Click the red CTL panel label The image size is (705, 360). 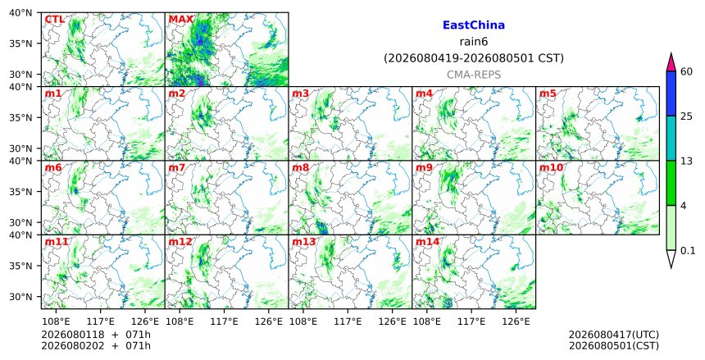[54, 20]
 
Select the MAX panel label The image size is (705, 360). [180, 20]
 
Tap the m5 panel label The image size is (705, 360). [548, 93]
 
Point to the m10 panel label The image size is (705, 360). [551, 168]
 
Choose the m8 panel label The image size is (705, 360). [300, 168]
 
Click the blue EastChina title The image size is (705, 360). [474, 25]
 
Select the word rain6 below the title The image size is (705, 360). [474, 42]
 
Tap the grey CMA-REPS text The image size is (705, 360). [474, 75]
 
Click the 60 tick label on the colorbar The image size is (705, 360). [686, 71]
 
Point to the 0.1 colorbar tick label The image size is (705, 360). [688, 251]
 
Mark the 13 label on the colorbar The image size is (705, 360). [686, 161]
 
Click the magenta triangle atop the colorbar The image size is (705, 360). [671, 63]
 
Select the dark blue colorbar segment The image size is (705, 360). [671, 93]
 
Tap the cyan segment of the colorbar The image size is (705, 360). [671, 138]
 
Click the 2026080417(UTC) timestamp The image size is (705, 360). [614, 335]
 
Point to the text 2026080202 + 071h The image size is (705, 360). [96, 346]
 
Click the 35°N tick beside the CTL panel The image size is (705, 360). [20, 43]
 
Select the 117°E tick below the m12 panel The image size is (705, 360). [225, 321]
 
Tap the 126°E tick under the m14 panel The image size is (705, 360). [516, 321]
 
